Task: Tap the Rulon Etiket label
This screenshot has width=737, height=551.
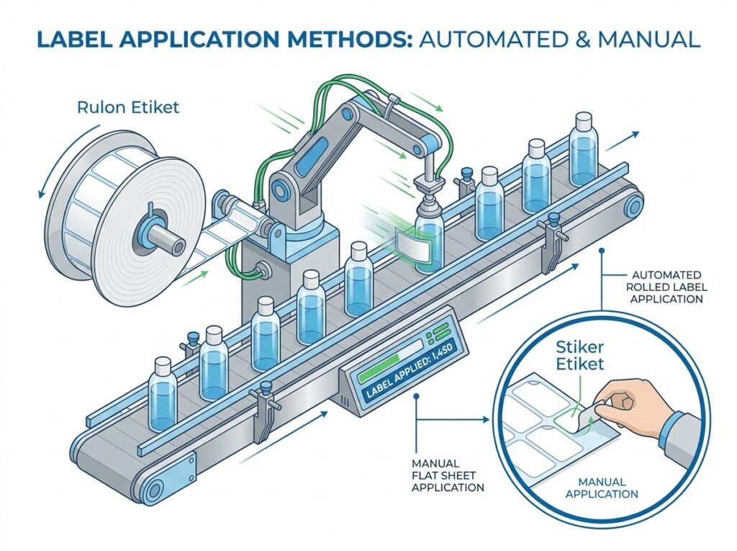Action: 128,107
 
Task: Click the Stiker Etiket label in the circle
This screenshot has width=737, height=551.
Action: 579,355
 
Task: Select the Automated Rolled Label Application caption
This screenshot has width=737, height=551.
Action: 666,287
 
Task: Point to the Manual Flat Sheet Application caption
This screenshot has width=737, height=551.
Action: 448,475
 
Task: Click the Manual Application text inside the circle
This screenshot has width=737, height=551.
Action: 602,488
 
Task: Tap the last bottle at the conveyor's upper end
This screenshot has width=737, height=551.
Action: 584,150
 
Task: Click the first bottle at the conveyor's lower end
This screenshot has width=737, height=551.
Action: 163,395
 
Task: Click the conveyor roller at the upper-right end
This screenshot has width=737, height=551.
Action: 633,205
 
